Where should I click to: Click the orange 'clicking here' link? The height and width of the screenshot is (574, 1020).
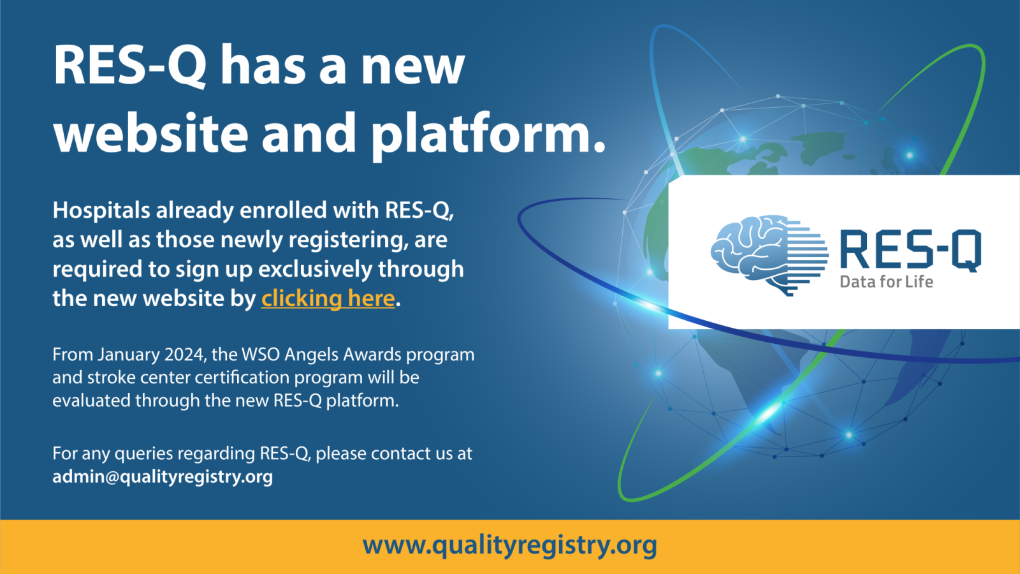pyautogui.click(x=328, y=299)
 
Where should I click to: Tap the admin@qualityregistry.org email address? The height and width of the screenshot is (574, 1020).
pyautogui.click(x=163, y=477)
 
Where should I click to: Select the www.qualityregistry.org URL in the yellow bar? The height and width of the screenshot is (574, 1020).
pyautogui.click(x=509, y=546)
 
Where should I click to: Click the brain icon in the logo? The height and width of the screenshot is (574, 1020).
pyautogui.click(x=769, y=255)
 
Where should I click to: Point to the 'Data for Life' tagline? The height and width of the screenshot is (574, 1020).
pyautogui.click(x=886, y=281)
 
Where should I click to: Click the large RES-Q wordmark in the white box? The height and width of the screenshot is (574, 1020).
pyautogui.click(x=910, y=251)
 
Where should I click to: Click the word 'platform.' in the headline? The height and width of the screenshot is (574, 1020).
pyautogui.click(x=488, y=136)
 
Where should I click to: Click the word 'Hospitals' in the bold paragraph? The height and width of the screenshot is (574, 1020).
pyautogui.click(x=101, y=210)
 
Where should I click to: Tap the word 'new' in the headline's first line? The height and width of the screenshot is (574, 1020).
pyautogui.click(x=414, y=68)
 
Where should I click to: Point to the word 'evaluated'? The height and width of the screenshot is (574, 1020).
pyautogui.click(x=92, y=401)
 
